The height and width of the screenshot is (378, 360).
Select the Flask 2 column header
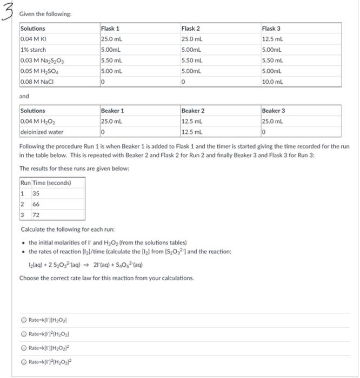coord(191,28)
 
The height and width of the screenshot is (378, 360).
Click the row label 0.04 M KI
coord(33,39)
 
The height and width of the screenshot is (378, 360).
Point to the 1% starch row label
coord(33,50)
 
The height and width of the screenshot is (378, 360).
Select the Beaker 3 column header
coord(274,111)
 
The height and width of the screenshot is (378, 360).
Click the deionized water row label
coord(42,132)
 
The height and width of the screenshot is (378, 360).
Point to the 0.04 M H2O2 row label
coord(36,121)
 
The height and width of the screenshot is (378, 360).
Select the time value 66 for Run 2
coord(32,204)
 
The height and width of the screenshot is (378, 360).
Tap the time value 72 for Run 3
coord(32,214)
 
